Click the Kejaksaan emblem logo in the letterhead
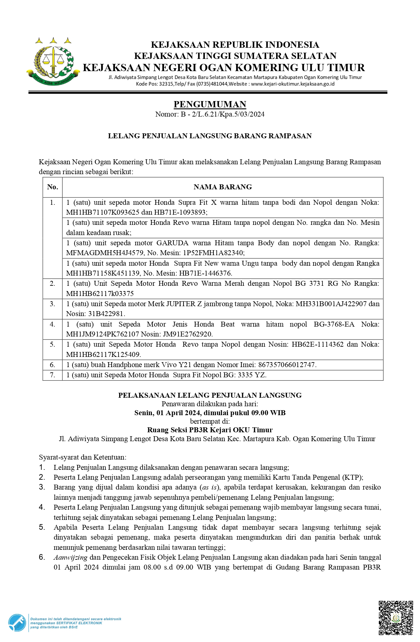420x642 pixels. [x=53, y=62]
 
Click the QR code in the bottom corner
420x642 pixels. [x=396, y=618]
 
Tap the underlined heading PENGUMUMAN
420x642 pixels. [x=210, y=104]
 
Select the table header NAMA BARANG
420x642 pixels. [x=223, y=187]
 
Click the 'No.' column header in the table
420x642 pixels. [x=53, y=187]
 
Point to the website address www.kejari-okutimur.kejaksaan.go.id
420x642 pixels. [x=293, y=84]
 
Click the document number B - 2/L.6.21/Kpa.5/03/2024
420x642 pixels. [x=222, y=114]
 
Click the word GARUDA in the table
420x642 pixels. [x=172, y=243]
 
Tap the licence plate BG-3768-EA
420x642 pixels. [x=334, y=324]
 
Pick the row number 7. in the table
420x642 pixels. [x=53, y=375]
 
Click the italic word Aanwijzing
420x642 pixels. [x=70, y=557]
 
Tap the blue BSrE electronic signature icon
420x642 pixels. [x=17, y=623]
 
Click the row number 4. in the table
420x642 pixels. [x=53, y=324]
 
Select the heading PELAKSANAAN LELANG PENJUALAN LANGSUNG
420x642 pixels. [x=210, y=395]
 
